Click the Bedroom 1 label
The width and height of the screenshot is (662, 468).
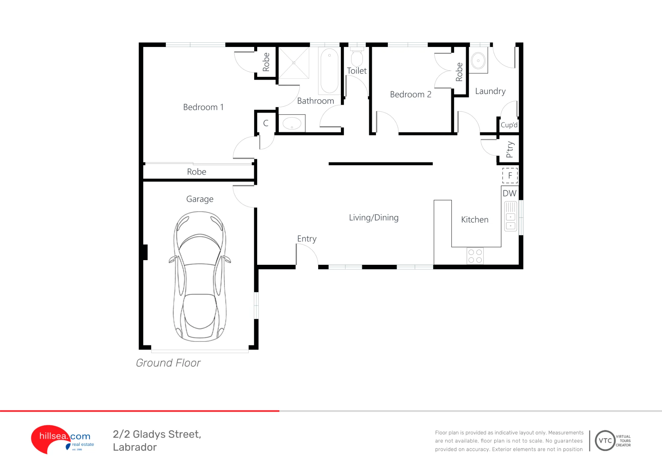203,107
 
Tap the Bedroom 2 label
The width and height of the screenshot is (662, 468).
410,94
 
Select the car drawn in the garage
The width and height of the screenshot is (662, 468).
200,277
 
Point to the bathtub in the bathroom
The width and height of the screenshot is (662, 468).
329,71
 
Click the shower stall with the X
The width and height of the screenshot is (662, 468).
294,63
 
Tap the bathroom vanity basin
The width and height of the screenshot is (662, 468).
292,123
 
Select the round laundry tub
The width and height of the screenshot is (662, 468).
478,61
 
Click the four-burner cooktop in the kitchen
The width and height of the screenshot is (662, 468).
475,256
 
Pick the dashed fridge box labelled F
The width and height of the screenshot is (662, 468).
510,175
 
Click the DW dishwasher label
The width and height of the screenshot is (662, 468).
509,193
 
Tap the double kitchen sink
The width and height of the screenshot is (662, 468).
510,216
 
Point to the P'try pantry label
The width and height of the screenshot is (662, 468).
510,150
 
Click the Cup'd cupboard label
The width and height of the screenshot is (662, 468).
509,125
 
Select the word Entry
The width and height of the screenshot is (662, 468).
307,239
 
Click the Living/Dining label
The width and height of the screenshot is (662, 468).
374,217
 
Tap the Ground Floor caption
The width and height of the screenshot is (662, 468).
168,363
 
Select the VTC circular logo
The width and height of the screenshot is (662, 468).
605,441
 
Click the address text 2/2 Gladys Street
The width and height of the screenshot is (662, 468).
157,435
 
